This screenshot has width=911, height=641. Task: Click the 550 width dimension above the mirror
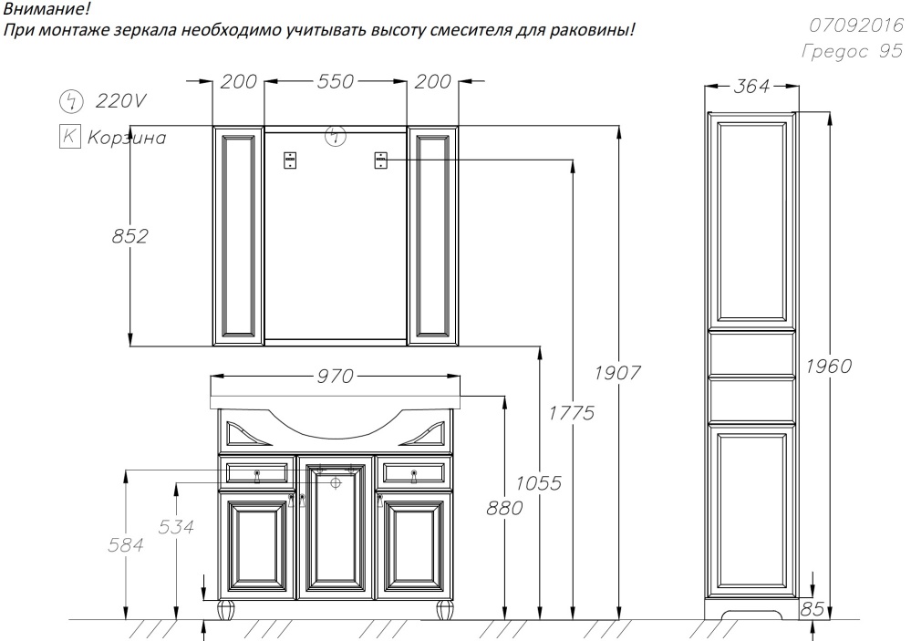336,81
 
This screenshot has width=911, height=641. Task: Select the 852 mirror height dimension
130,236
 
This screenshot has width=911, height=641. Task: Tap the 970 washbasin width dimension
336,376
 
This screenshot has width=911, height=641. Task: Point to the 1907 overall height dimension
617,373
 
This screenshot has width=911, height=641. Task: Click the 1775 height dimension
573,413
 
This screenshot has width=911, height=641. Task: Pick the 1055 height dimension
539,483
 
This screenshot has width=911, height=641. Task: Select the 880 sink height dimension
504,509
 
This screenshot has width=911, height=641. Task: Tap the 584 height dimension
126,545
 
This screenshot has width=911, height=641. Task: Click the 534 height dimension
176,527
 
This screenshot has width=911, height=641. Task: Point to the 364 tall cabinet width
751,86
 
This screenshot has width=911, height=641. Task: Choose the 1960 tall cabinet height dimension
829,367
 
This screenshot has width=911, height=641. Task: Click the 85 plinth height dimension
813,608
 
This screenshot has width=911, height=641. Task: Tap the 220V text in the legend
121,101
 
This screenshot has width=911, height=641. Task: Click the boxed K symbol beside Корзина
69,137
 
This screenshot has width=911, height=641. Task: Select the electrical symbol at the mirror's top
335,136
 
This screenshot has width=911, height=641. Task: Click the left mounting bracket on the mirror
290,160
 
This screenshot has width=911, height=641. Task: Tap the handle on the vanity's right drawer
414,476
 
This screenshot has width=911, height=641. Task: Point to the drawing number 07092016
856,25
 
